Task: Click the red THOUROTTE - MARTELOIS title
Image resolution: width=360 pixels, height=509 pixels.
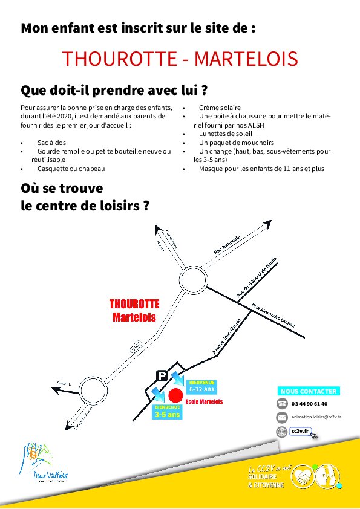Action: coord(180,59)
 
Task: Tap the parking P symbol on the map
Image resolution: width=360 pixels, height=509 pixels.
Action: coord(162,375)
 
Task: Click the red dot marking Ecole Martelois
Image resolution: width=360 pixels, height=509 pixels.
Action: coord(175,395)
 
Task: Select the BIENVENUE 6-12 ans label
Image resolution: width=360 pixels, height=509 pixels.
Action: coord(201,386)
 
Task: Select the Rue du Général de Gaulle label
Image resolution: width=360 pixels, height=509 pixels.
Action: coord(257,277)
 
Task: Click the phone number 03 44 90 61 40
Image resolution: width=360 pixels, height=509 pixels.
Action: coord(309,404)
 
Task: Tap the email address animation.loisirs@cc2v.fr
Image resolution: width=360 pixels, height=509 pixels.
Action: coord(316,417)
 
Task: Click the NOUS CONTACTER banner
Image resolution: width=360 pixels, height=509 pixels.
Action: coord(309,391)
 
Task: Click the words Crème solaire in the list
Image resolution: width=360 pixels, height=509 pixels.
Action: coord(218,107)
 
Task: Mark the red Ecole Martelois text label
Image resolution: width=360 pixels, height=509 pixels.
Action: coord(205,401)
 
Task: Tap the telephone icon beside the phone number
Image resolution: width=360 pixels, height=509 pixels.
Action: coord(282,404)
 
